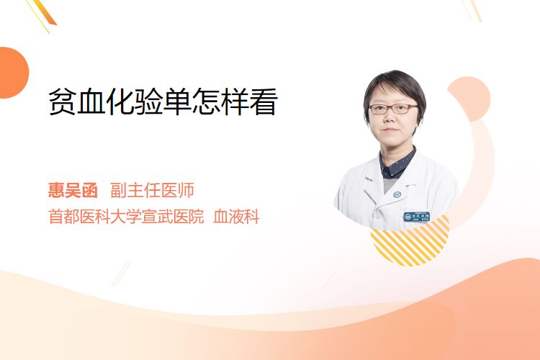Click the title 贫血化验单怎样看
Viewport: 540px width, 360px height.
coord(163,102)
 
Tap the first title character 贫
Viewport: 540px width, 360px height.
coord(62,102)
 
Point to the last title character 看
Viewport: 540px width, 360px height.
coord(264,102)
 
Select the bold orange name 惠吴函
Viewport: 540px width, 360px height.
coord(73,190)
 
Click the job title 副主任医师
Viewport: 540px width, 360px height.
coord(152,190)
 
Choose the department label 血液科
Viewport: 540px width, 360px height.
coord(236,217)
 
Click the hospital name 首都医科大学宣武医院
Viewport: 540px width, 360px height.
coord(126,217)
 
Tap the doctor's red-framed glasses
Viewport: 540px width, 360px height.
coord(393,109)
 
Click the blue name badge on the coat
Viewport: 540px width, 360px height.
coord(417,217)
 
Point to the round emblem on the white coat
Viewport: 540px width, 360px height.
coord(397,194)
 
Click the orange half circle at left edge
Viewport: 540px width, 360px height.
coord(13,73)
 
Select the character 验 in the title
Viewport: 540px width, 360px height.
coord(148,102)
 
